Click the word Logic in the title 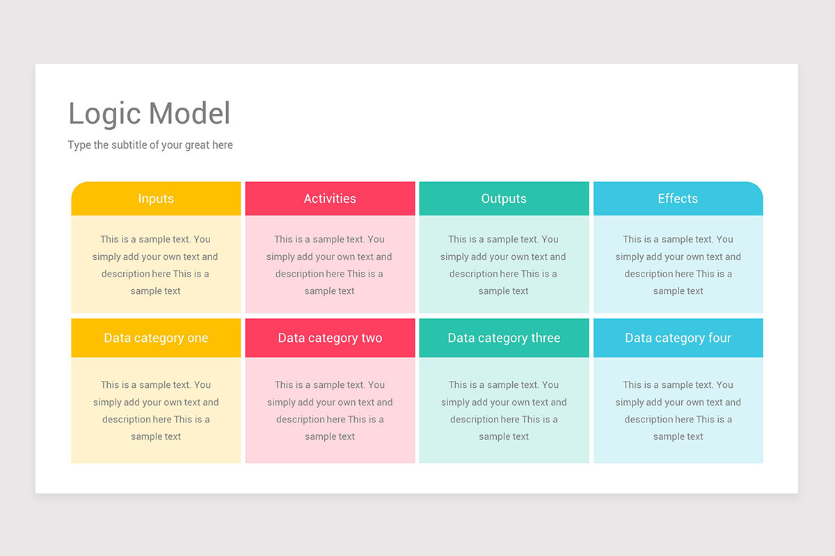click(104, 114)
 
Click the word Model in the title click(189, 114)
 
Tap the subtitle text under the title click(150, 145)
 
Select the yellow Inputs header click(156, 199)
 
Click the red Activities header click(330, 199)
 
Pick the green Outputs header click(504, 199)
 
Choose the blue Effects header click(678, 199)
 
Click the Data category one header click(156, 338)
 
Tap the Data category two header click(330, 338)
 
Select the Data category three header click(504, 338)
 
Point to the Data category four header click(678, 338)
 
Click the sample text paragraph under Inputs click(156, 265)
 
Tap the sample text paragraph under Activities click(330, 265)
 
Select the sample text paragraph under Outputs click(504, 265)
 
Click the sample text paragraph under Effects click(678, 265)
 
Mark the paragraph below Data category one click(156, 411)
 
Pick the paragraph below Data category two click(330, 411)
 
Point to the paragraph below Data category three click(504, 411)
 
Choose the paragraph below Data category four click(678, 411)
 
